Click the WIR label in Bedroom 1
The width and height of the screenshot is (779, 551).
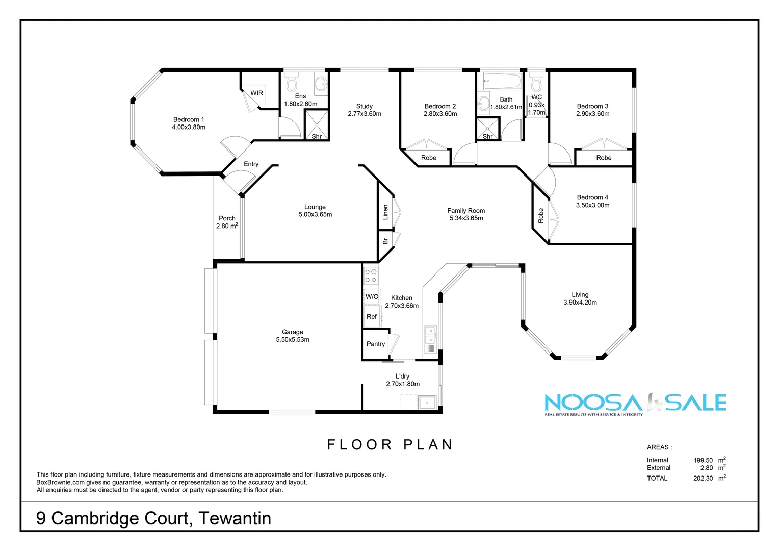coord(256,93)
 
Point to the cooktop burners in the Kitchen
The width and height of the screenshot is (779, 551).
coord(371,275)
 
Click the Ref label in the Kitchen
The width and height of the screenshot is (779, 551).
coord(372,317)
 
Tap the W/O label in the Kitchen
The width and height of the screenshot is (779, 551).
coord(372,296)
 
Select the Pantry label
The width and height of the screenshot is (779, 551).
coord(376,344)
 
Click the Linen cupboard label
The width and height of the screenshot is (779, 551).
coord(385,212)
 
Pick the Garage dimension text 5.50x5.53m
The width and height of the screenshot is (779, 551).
coord(293,340)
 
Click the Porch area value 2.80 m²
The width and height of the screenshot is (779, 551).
coord(227,226)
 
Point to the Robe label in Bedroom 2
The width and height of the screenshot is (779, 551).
coord(429,158)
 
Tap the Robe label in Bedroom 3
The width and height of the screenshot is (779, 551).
coord(604,158)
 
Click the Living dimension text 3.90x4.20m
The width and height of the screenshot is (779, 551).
coord(580,303)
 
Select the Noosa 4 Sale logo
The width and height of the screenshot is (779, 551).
coord(635,404)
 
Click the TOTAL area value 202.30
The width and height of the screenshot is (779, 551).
coord(703,478)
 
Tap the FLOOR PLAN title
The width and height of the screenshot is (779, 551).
coord(390,445)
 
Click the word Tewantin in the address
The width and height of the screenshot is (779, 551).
coord(235,518)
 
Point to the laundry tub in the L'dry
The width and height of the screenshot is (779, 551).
coord(426,403)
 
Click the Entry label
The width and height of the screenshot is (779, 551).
coord(251,164)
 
